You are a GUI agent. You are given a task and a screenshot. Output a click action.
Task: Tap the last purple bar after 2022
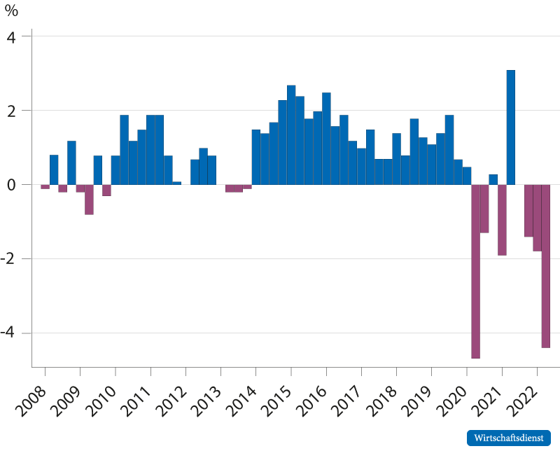coord(546,266)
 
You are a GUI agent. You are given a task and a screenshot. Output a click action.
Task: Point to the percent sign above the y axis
coord(11,11)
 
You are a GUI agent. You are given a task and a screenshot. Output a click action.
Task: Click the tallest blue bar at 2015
coord(291,135)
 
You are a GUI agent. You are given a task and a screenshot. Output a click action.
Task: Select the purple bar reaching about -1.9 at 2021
coord(502,220)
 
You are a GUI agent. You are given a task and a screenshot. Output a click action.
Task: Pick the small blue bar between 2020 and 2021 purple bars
coord(493,180)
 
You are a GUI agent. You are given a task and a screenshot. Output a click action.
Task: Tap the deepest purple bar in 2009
coord(90,200)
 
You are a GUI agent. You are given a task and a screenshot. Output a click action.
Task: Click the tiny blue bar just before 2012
coord(177,183)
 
